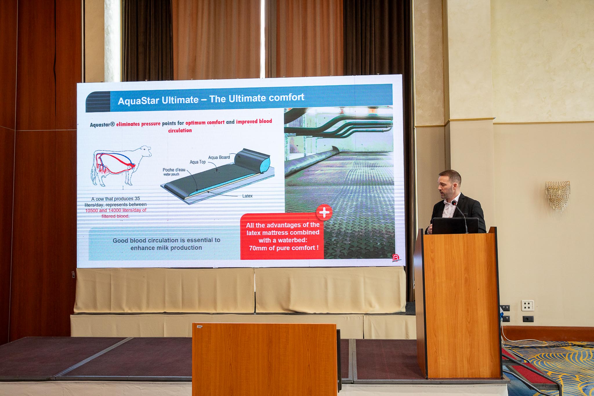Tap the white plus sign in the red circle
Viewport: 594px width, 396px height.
click(x=324, y=212)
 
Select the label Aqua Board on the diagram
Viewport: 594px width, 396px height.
click(x=219, y=157)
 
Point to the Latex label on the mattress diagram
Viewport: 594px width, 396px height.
click(x=247, y=196)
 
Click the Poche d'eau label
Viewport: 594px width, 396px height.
click(x=174, y=170)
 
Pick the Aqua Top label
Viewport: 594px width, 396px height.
click(x=198, y=162)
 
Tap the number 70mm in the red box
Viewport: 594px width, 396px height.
click(x=257, y=248)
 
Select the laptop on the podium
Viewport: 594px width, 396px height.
click(x=455, y=226)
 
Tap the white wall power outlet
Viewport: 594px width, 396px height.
click(x=528, y=305)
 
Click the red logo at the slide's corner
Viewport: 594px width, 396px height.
click(x=396, y=258)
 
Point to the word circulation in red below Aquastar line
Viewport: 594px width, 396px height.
click(x=180, y=130)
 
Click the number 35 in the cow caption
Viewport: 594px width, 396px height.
click(x=137, y=199)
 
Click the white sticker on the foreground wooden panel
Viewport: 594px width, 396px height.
click(x=200, y=327)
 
